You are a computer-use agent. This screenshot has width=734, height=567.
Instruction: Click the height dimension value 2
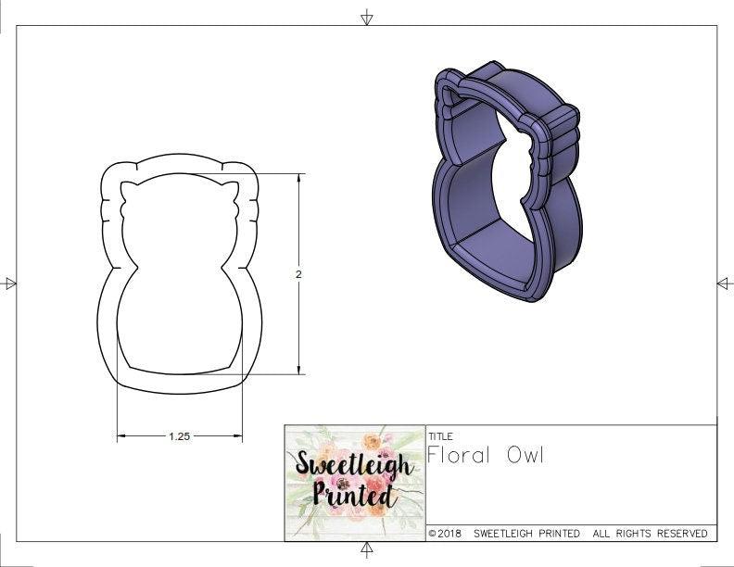[x=298, y=274]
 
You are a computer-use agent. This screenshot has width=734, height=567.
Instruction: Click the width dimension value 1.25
[x=179, y=435]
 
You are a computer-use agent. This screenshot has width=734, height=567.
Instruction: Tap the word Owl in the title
[x=525, y=455]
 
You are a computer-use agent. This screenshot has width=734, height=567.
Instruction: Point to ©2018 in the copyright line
[x=447, y=534]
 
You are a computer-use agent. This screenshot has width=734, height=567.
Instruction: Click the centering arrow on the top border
[x=367, y=17]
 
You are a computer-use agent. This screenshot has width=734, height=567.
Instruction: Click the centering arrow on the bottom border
[x=367, y=550]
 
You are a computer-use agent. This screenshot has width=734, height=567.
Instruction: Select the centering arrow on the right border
[x=724, y=283]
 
